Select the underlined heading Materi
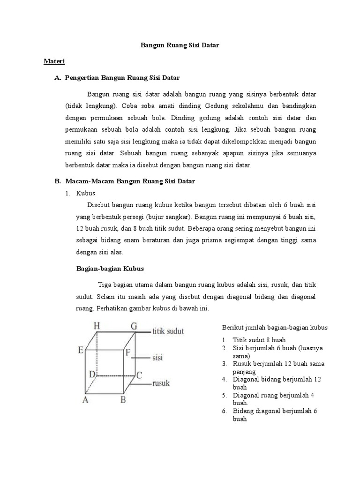[54, 61]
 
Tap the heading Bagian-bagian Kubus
[110, 269]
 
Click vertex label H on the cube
[97, 325]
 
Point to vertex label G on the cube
[134, 326]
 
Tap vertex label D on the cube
[92, 375]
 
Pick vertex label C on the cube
[139, 375]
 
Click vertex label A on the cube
[85, 400]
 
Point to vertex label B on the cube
[123, 400]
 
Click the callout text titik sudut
[168, 331]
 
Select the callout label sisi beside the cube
[157, 358]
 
